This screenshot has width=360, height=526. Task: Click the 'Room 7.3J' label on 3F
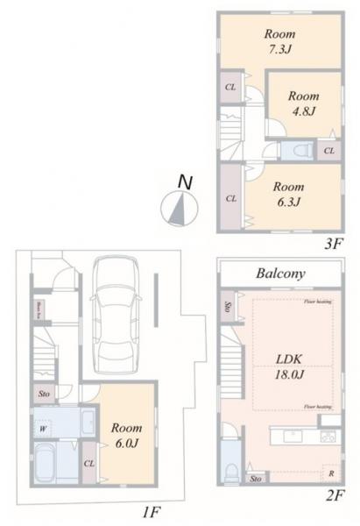pos(279,41)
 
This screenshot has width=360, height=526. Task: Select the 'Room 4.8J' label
pos(304,103)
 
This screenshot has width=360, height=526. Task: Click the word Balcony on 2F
pos(280,274)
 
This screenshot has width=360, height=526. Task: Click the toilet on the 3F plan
pos(300,150)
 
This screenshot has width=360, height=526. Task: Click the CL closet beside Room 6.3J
pos(231,199)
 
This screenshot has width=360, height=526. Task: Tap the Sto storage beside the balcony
pos(228,307)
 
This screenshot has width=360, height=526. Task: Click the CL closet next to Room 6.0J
pos(89,463)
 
